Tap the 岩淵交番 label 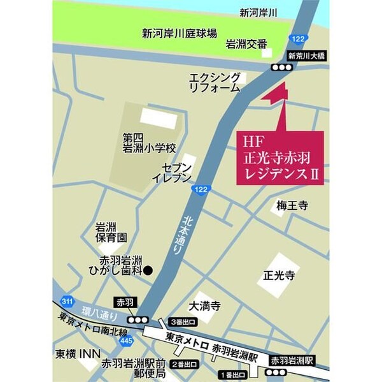click(x=246, y=45)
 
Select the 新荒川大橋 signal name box click(x=307, y=56)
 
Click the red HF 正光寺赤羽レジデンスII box click(x=281, y=158)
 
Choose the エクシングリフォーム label click(x=215, y=83)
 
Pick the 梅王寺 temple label click(x=292, y=205)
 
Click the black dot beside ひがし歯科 click(x=148, y=270)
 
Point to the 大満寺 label click(x=204, y=306)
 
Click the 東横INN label click(x=75, y=352)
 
